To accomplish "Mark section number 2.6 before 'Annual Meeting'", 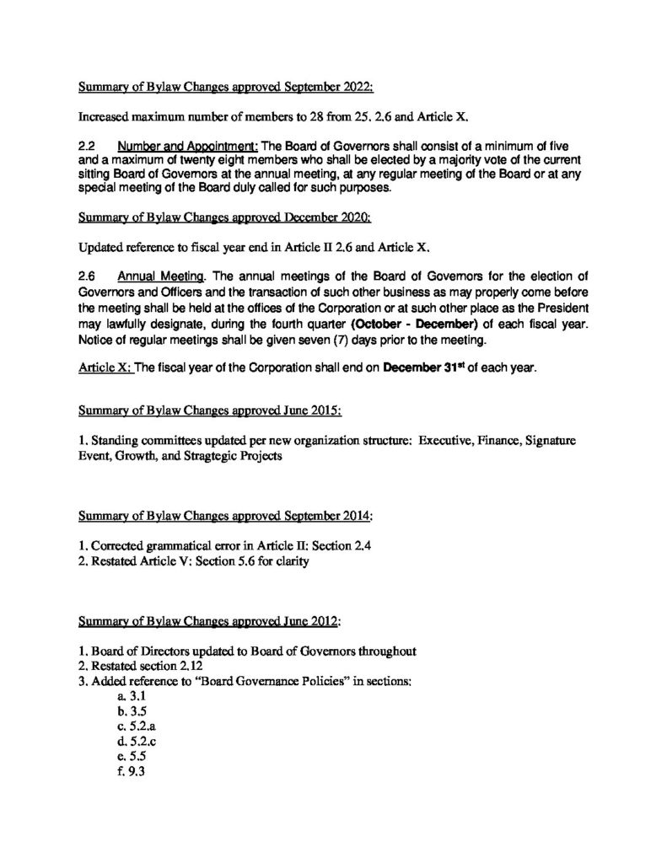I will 87,276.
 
